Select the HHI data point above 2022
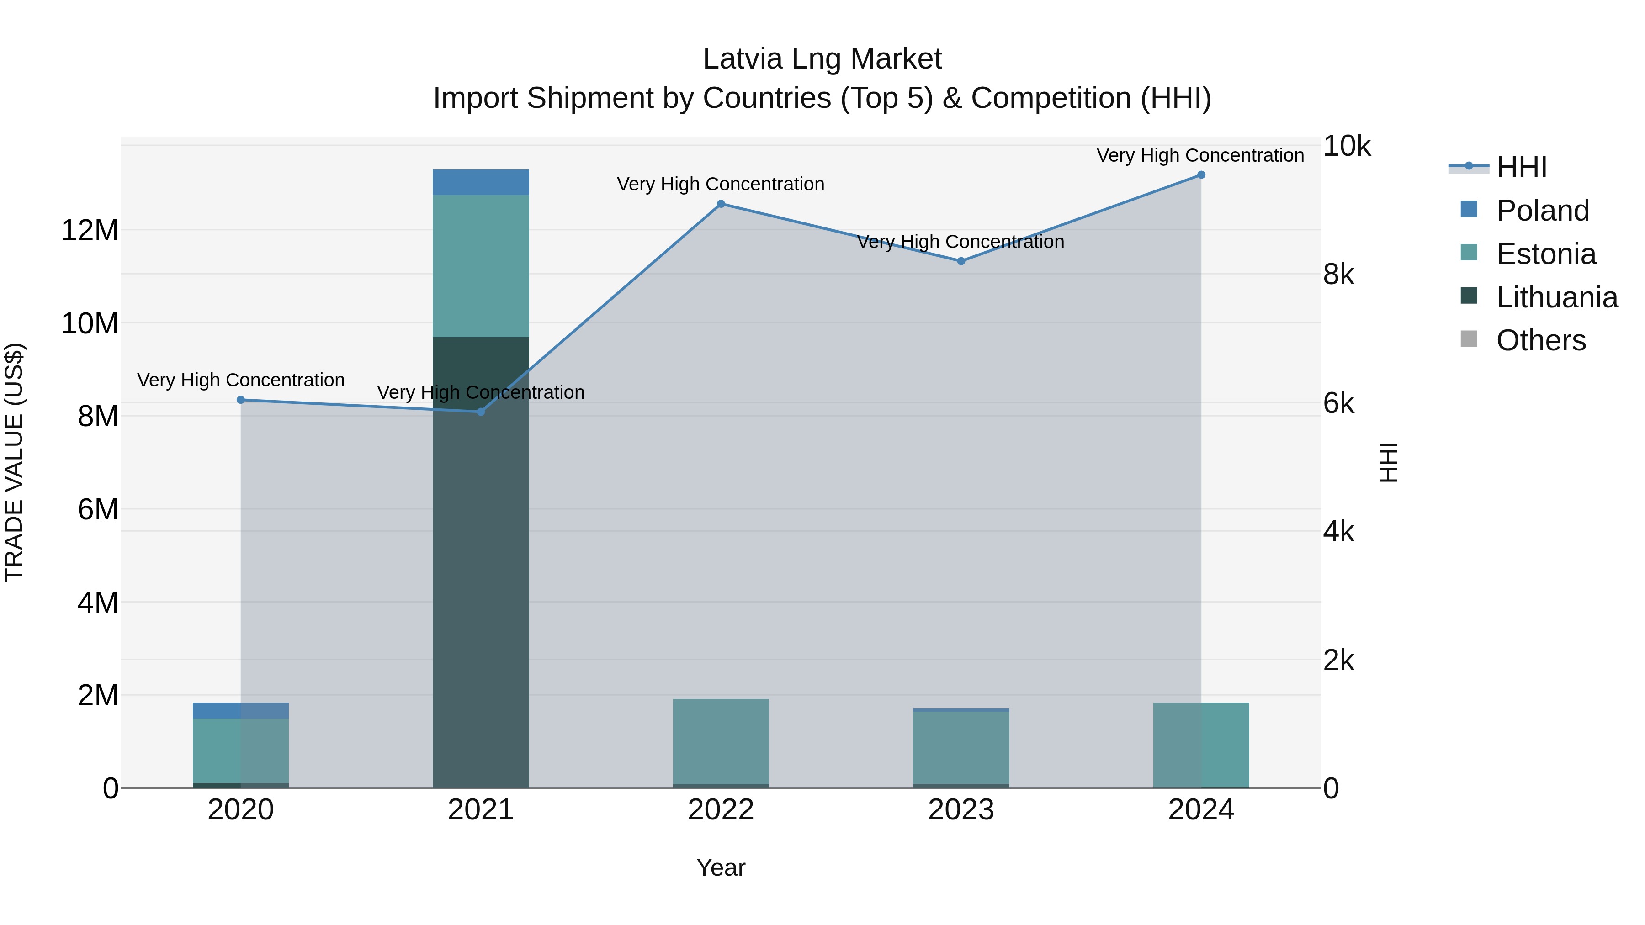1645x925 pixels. click(721, 204)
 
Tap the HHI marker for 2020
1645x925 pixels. click(241, 400)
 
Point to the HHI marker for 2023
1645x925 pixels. click(961, 261)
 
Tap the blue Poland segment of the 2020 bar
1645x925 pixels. click(241, 710)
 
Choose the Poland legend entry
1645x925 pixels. click(1542, 211)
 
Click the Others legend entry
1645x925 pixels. click(1540, 340)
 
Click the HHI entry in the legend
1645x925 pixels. click(1520, 167)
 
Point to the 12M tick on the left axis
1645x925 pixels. click(90, 230)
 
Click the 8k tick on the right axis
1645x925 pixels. click(1338, 275)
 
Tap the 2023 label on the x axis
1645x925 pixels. click(961, 810)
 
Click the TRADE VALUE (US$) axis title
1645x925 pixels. click(14, 462)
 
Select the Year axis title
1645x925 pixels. click(721, 867)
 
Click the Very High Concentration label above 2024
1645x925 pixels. click(1200, 155)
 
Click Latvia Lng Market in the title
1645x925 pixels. click(822, 59)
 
